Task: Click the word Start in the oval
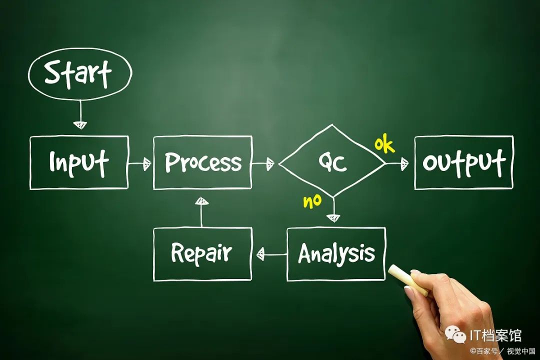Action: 78,74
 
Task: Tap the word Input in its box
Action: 78,162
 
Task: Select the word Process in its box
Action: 202,162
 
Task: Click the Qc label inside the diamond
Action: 332,162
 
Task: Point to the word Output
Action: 463,162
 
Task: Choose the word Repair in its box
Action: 201,253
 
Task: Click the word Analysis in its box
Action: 336,254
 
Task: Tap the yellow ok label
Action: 384,145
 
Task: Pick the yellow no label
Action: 312,201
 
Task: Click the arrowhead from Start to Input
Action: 80,124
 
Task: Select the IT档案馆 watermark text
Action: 495,334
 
